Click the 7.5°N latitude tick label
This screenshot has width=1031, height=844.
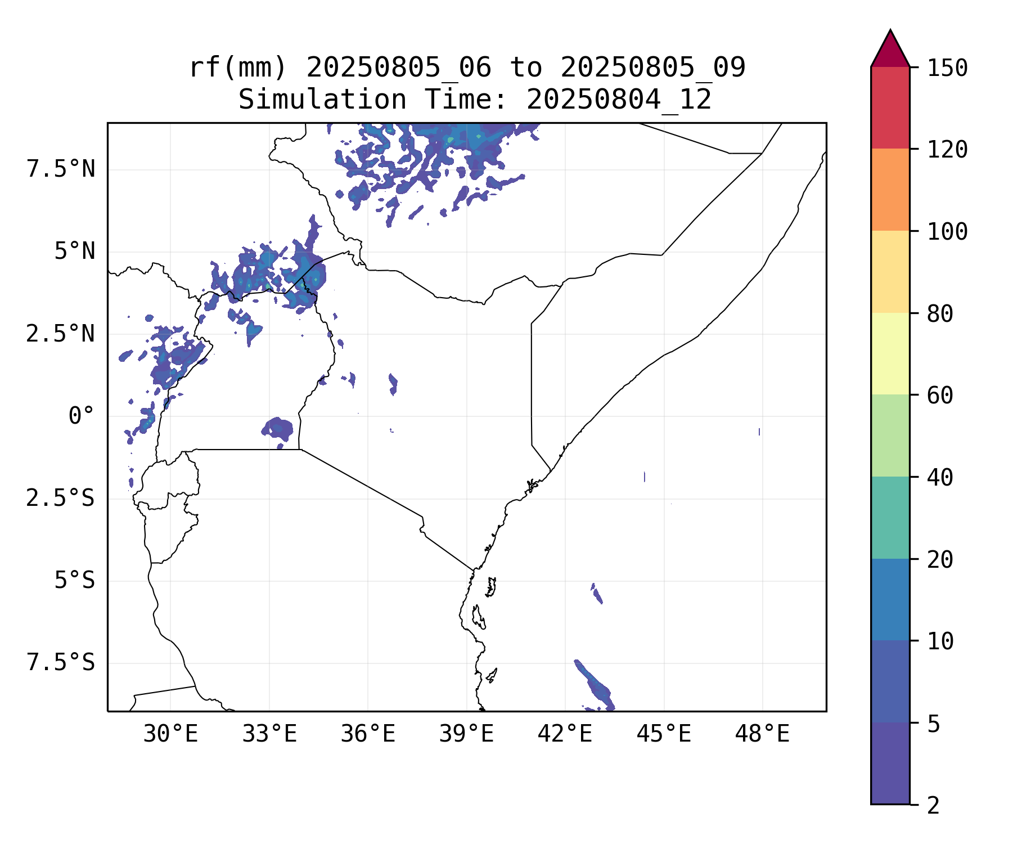point(61,169)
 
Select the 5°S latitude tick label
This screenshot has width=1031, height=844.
point(74,580)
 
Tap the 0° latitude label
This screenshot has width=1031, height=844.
point(82,416)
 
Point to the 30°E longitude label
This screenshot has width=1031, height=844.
point(170,734)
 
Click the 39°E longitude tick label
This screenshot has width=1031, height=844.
point(466,734)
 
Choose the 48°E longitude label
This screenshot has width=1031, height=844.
point(762,734)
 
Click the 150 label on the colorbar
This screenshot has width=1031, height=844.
point(947,68)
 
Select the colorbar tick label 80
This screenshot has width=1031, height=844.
point(940,313)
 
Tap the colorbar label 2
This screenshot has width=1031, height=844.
point(933,805)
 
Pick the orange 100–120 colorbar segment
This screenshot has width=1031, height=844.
point(890,190)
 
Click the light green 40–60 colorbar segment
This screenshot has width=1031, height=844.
point(890,436)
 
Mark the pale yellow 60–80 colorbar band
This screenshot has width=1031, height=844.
point(890,353)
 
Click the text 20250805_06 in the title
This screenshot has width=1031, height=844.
point(398,68)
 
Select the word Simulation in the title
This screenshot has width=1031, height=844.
point(322,100)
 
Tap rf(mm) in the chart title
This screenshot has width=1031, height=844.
point(238,68)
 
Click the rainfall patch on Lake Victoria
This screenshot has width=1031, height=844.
point(278,429)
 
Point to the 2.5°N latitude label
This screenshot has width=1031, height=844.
point(61,334)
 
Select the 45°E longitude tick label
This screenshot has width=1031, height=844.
point(664,734)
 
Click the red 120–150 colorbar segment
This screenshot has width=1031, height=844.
point(890,107)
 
